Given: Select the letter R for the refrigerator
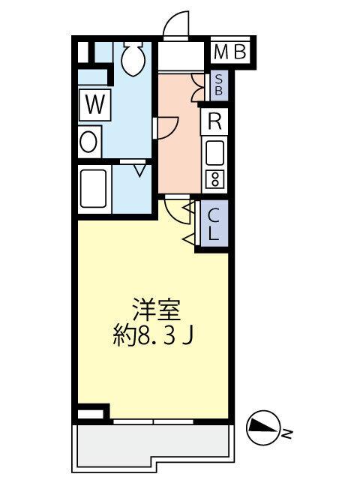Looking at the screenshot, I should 214,122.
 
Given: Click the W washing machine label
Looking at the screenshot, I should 94,104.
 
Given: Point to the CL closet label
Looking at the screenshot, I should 214,224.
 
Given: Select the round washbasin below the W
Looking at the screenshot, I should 89,141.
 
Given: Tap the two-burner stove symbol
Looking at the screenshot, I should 215,178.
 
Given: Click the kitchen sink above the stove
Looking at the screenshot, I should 215,154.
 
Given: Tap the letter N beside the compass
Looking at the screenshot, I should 287,431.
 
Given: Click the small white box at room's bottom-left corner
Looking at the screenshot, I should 90,413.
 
